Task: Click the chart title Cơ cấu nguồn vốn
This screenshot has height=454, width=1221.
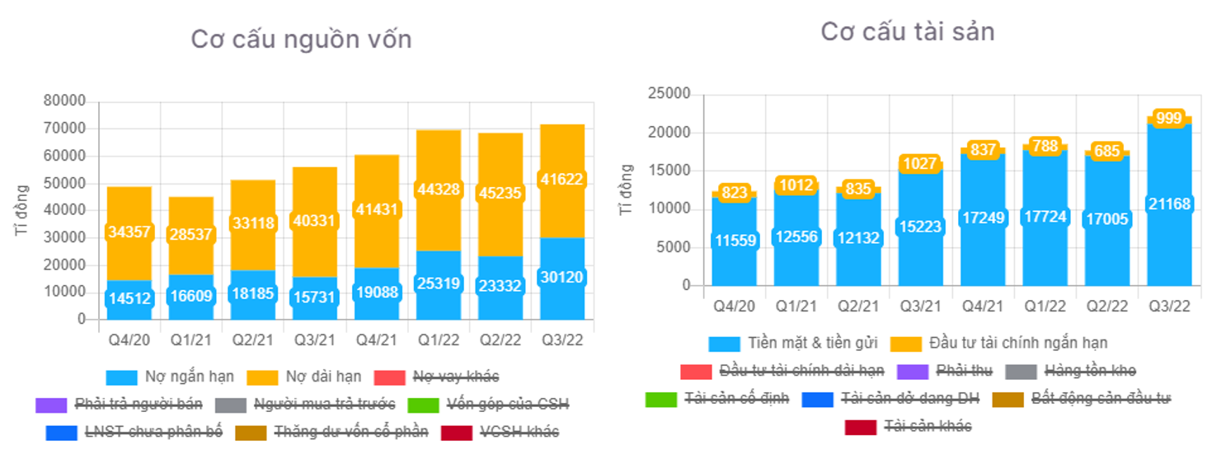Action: pos(301,39)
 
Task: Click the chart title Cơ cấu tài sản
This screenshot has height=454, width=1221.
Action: pos(907,31)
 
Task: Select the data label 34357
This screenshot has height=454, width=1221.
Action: pos(129,232)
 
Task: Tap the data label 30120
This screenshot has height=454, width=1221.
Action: pos(562,277)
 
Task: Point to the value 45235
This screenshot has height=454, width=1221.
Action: pos(500,192)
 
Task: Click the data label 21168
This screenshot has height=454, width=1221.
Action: pos(1168,204)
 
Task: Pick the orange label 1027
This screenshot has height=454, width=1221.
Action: pos(920,163)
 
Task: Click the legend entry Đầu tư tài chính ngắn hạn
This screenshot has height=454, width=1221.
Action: pos(1018,343)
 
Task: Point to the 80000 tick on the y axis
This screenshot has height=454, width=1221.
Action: pos(64,101)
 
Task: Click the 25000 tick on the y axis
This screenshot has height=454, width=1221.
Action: pos(669,94)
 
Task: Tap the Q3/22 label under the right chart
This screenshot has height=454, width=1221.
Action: pos(1169,306)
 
